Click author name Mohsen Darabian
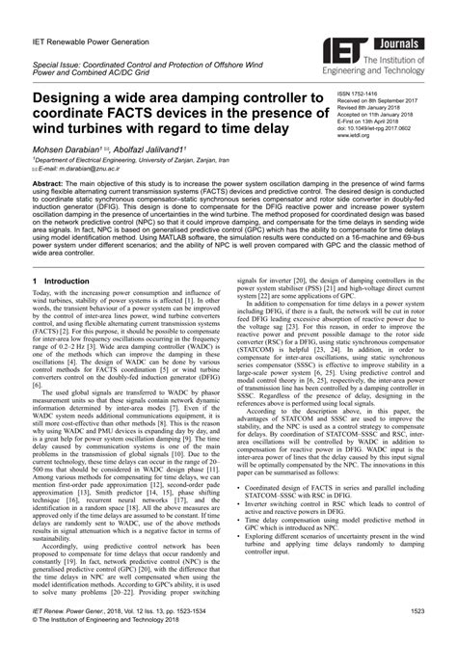pos(67,152)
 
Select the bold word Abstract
pos(50,183)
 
